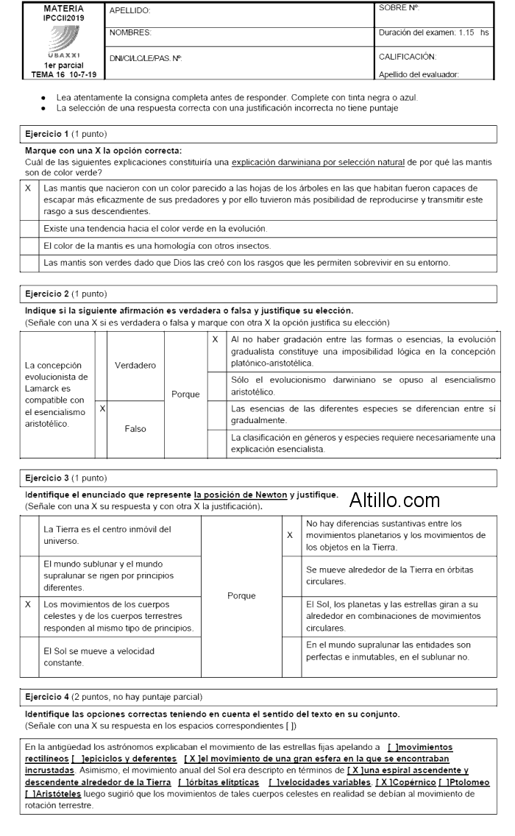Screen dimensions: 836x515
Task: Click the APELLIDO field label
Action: pyautogui.click(x=129, y=10)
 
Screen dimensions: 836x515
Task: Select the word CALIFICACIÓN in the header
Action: pyautogui.click(x=408, y=56)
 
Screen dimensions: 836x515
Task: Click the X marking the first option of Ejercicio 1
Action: pyautogui.click(x=27, y=189)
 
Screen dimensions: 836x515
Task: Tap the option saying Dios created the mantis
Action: pyautogui.click(x=246, y=263)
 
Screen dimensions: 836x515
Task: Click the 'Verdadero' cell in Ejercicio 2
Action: pyautogui.click(x=135, y=365)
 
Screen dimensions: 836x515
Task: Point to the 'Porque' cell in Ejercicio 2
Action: pyautogui.click(x=185, y=394)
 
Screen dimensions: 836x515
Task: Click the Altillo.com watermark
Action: pyautogui.click(x=394, y=501)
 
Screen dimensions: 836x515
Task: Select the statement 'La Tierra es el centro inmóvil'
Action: pyautogui.click(x=107, y=535)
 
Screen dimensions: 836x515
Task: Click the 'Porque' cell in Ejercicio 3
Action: pyautogui.click(x=241, y=595)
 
